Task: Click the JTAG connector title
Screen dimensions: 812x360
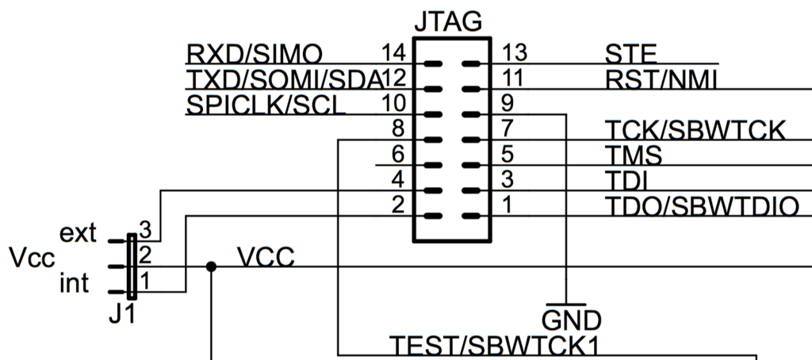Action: click(449, 21)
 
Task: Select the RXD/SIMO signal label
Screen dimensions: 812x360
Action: click(255, 54)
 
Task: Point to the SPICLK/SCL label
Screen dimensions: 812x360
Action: click(265, 105)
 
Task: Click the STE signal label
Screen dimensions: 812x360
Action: click(630, 55)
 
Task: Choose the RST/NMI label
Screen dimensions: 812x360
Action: click(661, 80)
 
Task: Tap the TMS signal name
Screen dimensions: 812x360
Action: click(634, 155)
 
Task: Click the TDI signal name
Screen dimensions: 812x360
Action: click(626, 181)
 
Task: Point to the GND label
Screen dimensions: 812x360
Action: click(572, 320)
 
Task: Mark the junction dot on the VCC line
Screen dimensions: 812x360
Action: click(211, 266)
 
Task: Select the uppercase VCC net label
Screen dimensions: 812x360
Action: click(266, 257)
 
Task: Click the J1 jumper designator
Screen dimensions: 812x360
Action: click(122, 314)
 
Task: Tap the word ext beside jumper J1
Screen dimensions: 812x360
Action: click(78, 234)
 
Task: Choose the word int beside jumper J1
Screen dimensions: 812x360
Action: click(74, 283)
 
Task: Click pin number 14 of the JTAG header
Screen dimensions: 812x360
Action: click(394, 52)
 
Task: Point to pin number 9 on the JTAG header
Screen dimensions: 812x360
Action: click(507, 103)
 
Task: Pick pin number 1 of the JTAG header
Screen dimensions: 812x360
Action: click(507, 205)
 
